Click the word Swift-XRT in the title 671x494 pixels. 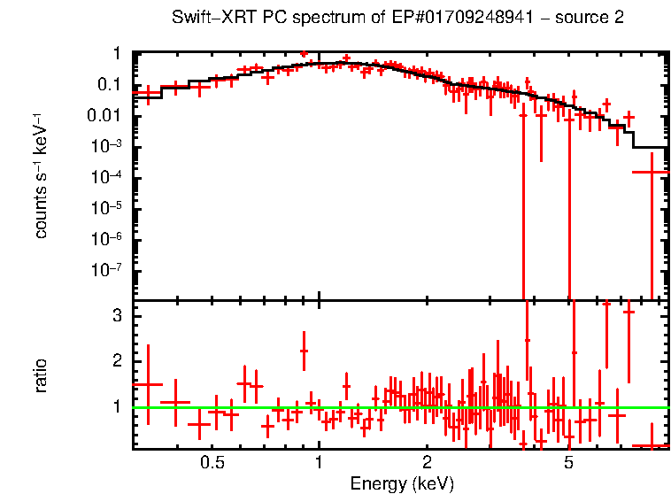tap(208, 19)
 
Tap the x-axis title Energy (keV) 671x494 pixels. tap(402, 483)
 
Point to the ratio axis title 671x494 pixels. tap(41, 374)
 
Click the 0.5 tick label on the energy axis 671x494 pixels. tap(211, 462)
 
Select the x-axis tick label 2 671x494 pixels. tap(426, 462)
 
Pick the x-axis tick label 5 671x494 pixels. tap(568, 462)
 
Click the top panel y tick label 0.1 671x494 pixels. tap(108, 85)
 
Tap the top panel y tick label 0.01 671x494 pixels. tap(104, 116)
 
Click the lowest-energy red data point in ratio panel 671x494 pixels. tap(148, 384)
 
